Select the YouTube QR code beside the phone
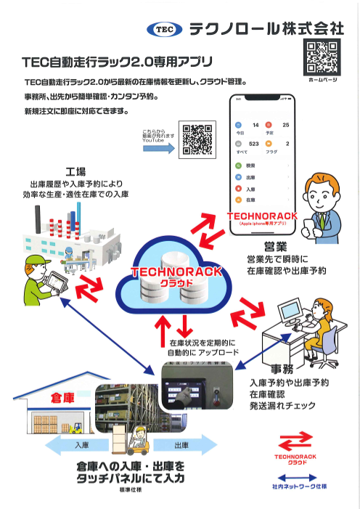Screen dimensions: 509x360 click(x=198, y=139)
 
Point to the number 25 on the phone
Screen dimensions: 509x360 click(x=285, y=126)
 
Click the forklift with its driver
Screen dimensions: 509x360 click(x=135, y=442)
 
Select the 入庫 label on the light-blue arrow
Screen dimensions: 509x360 click(x=82, y=444)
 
